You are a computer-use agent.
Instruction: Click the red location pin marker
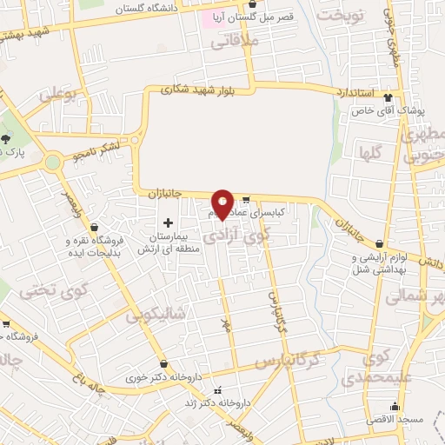[222, 203]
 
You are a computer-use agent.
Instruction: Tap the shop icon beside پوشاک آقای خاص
[388, 97]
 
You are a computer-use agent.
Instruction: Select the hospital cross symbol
[168, 222]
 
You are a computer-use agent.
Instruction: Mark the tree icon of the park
[7, 140]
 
